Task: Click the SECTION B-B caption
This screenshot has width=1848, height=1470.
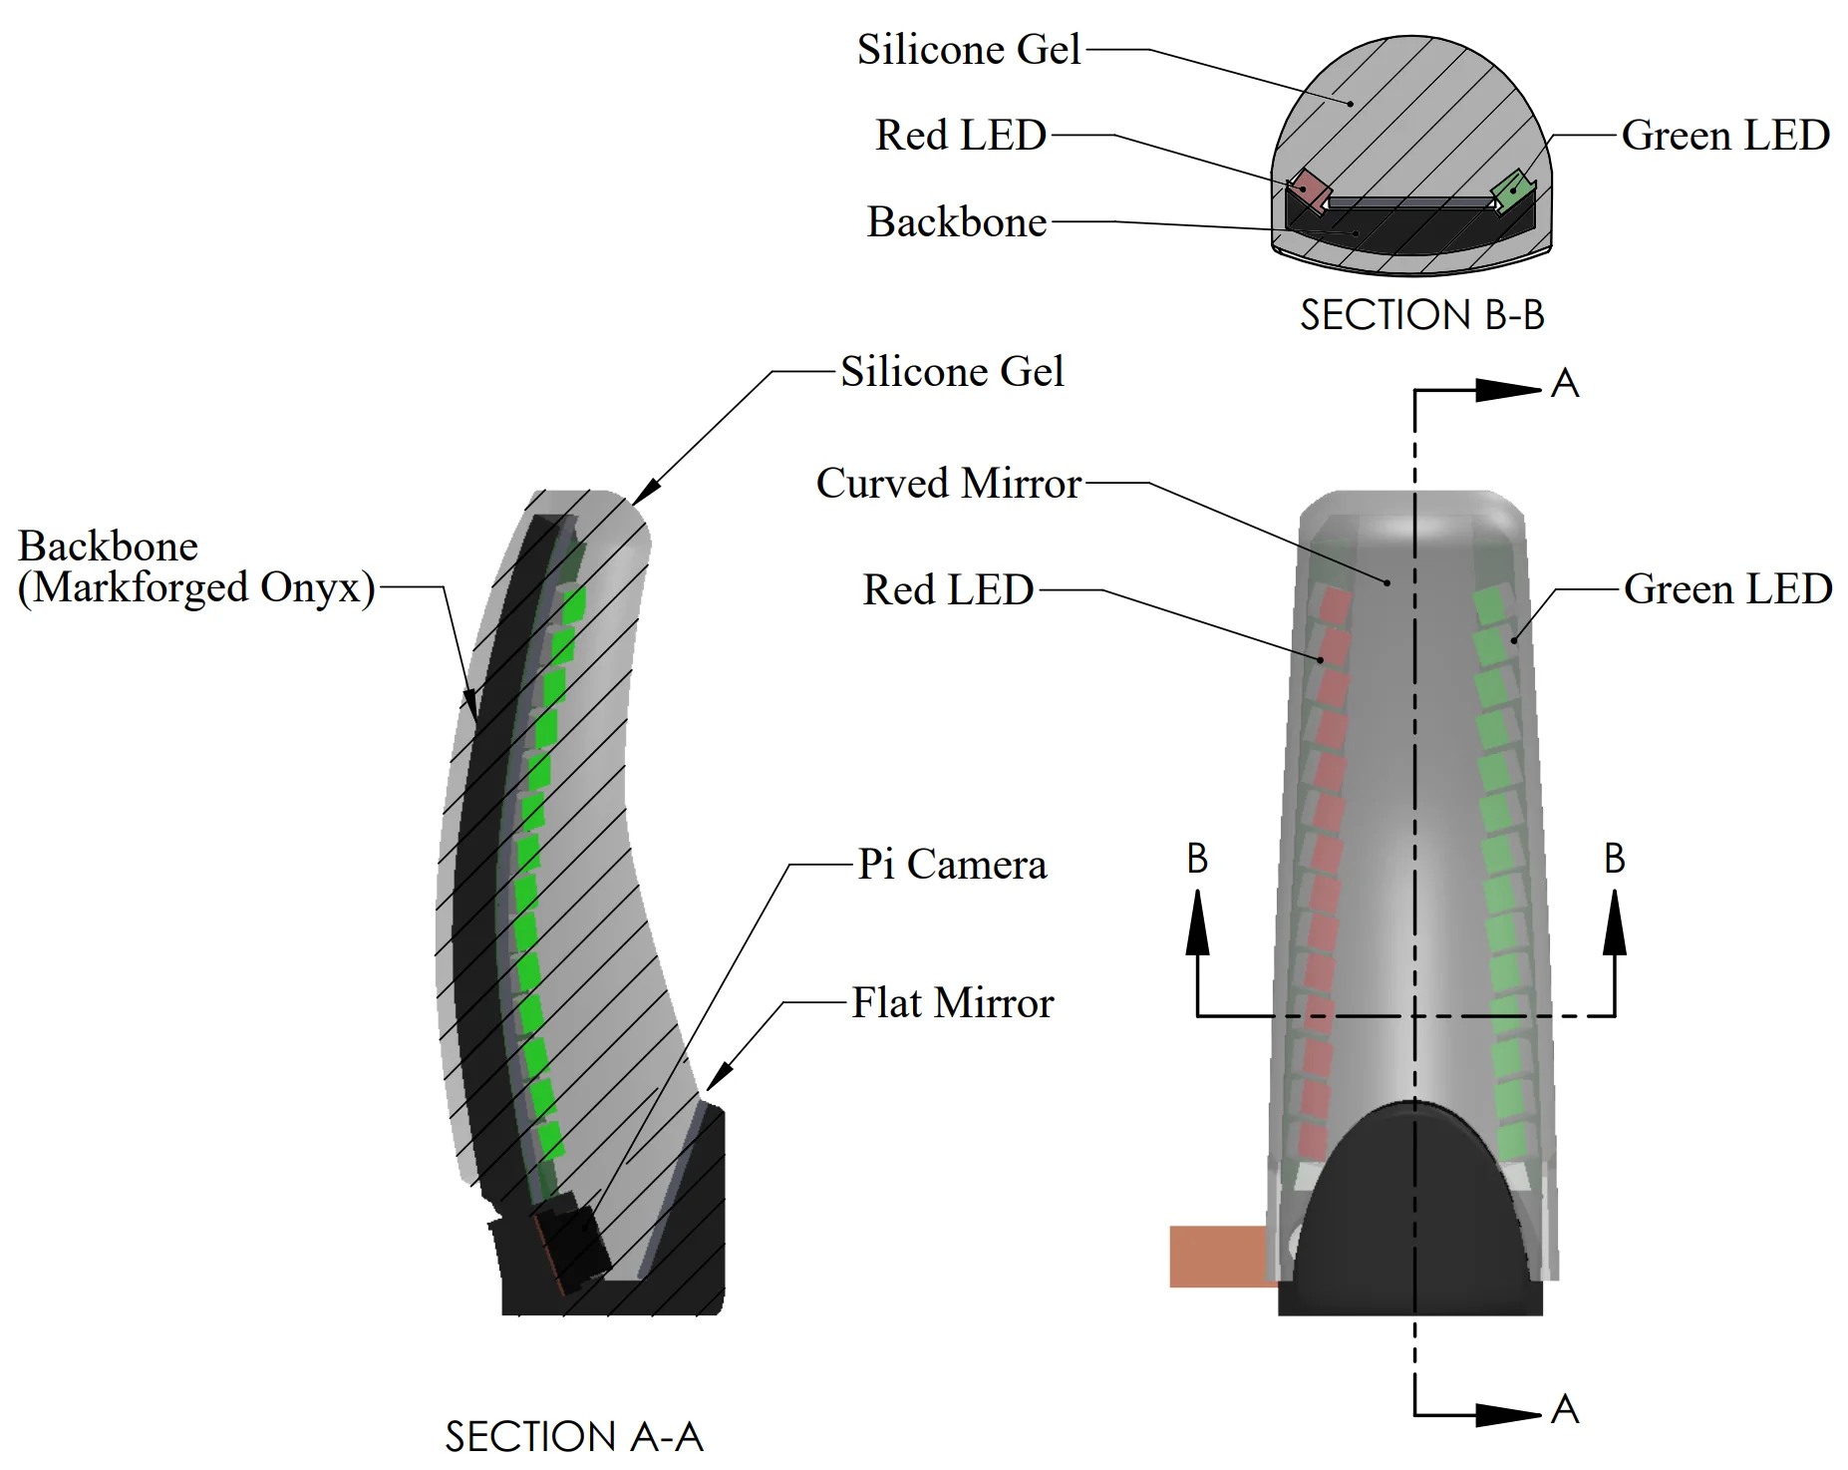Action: click(x=1421, y=315)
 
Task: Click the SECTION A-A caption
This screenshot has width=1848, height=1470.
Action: click(x=574, y=1437)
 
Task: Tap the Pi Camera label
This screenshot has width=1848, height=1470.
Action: click(x=952, y=865)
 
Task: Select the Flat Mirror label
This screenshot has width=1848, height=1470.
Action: click(x=952, y=1003)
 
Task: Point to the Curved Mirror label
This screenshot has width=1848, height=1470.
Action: click(x=948, y=484)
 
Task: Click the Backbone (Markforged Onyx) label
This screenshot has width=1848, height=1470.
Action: click(x=196, y=567)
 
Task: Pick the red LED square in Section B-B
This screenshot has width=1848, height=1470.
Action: click(x=1309, y=189)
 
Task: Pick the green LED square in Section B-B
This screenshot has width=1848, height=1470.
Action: click(x=1512, y=189)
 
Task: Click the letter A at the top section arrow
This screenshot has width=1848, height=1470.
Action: click(x=1565, y=384)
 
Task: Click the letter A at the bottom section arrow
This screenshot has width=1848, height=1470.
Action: click(x=1565, y=1409)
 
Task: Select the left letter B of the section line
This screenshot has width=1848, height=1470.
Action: click(x=1197, y=859)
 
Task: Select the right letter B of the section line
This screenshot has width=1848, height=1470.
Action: click(x=1615, y=859)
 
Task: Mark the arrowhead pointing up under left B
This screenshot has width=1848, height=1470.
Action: click(x=1197, y=922)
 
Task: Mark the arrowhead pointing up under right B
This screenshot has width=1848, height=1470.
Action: click(x=1615, y=922)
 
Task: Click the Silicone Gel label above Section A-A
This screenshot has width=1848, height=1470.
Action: click(x=952, y=372)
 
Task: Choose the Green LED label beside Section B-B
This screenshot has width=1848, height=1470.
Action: click(x=1725, y=136)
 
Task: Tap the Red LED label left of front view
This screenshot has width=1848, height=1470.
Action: click(x=948, y=590)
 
